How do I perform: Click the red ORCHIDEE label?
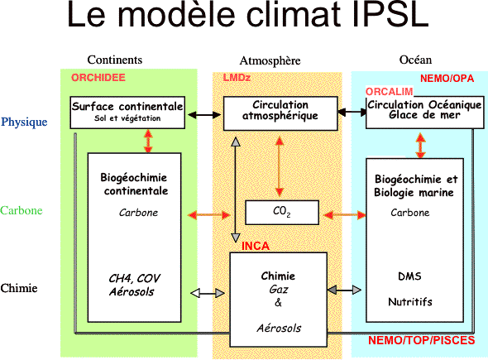[98, 77]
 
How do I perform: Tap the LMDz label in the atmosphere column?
[237, 77]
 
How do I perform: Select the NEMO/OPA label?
[447, 78]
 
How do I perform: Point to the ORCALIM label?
[389, 92]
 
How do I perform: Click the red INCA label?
[256, 246]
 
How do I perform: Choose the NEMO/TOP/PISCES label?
[421, 340]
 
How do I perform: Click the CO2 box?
[282, 213]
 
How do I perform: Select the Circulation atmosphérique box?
[280, 113]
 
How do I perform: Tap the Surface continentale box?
[127, 113]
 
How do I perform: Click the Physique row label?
[24, 122]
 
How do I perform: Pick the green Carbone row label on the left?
[22, 210]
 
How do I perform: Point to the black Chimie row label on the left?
[19, 288]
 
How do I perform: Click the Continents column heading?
[114, 60]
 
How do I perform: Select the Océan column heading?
[415, 59]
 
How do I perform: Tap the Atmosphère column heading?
[270, 60]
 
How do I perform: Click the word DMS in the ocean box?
[409, 276]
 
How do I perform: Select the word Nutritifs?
[410, 301]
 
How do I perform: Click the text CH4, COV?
[135, 278]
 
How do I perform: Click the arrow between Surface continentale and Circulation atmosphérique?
[204, 114]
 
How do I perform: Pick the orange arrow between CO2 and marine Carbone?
[345, 215]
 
